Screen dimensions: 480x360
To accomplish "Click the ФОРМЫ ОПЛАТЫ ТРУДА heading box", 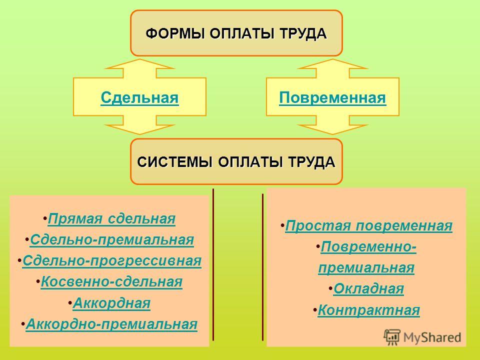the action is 236,33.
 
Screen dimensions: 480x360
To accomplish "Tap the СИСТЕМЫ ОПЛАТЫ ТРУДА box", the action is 236,161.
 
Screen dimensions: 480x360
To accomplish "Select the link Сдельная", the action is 139,98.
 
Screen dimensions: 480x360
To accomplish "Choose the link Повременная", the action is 332,98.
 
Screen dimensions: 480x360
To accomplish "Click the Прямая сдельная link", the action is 111,219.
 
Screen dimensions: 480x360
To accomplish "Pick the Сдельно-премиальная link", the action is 112,240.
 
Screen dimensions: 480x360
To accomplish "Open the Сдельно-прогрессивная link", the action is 112,261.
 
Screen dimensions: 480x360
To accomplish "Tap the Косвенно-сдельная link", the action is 111,281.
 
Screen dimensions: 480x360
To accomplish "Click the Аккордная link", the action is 111,303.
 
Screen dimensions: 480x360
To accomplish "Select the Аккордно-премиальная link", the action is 111,324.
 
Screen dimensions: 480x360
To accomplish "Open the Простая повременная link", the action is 368,226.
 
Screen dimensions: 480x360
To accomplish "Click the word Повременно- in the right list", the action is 368,247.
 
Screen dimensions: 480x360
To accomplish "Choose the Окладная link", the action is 368,288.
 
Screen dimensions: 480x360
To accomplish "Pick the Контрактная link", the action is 368,310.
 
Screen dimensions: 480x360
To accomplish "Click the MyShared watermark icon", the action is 392,337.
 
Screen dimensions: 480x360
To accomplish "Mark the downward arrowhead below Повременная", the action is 332,129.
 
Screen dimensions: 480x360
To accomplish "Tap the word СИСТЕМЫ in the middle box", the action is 175,162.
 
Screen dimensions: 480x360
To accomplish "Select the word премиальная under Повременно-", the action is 366,268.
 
